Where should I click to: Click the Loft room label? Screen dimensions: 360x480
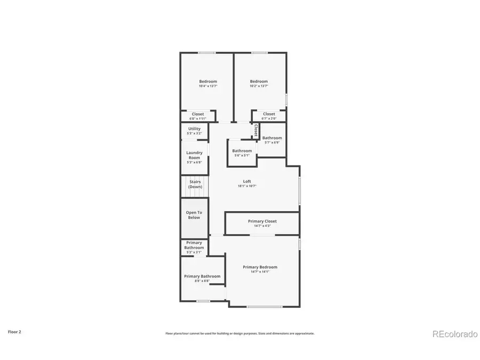tap(247, 181)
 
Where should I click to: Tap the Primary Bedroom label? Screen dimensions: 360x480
tap(260, 267)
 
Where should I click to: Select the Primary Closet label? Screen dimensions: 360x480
tap(262, 221)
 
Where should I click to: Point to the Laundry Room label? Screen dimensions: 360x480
tap(194, 155)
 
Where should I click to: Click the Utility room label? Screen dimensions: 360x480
tap(194, 129)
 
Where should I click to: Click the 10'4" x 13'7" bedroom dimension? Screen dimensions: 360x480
tap(208, 86)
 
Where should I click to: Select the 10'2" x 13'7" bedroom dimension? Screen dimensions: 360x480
tap(259, 86)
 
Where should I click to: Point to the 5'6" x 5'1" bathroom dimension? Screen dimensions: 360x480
tap(242, 155)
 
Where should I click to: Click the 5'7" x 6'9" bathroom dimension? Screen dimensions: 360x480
tap(272, 142)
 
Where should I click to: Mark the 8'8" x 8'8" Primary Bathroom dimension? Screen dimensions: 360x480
tap(202, 281)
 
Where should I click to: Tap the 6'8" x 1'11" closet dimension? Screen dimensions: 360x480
tap(198, 118)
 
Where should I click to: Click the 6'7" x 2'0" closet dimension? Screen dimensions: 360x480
tap(269, 118)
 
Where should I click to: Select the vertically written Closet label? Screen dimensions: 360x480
tap(256, 130)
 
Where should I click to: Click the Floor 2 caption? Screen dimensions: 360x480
tap(14, 331)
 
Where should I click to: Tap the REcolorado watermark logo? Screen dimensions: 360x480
tap(454, 334)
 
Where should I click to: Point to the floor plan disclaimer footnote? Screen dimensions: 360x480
tap(239, 333)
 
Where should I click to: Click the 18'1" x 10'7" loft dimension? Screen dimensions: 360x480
tap(247, 186)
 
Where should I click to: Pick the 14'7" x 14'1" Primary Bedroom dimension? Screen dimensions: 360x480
tap(260, 272)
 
